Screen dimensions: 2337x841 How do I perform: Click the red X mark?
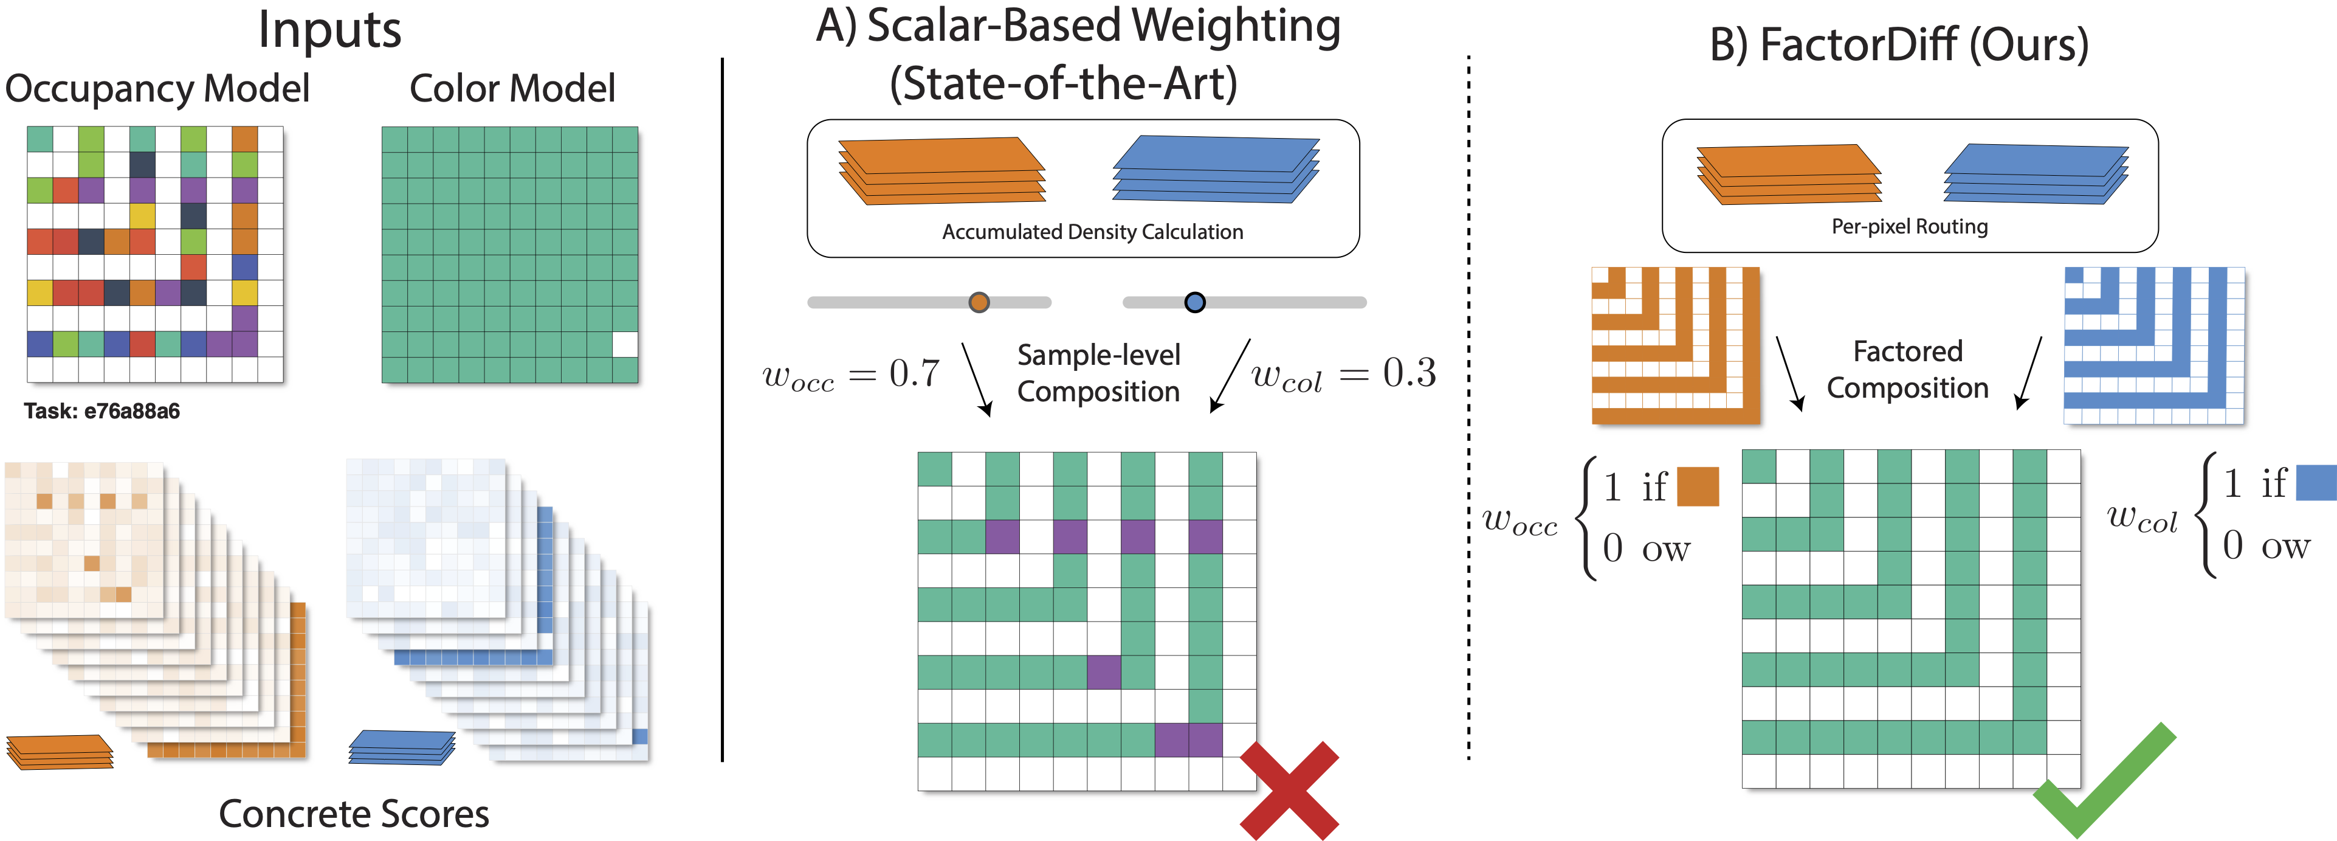click(1289, 790)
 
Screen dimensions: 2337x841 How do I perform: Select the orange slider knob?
click(979, 302)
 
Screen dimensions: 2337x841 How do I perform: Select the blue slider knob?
click(1195, 302)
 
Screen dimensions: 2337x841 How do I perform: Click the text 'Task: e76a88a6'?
click(102, 411)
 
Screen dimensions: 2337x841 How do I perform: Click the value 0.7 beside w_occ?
click(915, 373)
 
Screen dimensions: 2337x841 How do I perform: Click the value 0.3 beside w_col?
click(1409, 373)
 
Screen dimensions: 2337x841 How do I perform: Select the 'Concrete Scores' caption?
click(354, 814)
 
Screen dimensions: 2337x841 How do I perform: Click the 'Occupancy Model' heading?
click(157, 89)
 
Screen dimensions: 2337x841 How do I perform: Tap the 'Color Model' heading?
click(512, 89)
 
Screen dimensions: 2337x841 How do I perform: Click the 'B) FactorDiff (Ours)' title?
click(1899, 44)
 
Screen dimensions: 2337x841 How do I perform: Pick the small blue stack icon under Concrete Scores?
click(402, 747)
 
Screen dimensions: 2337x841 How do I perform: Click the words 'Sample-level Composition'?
click(1099, 373)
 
